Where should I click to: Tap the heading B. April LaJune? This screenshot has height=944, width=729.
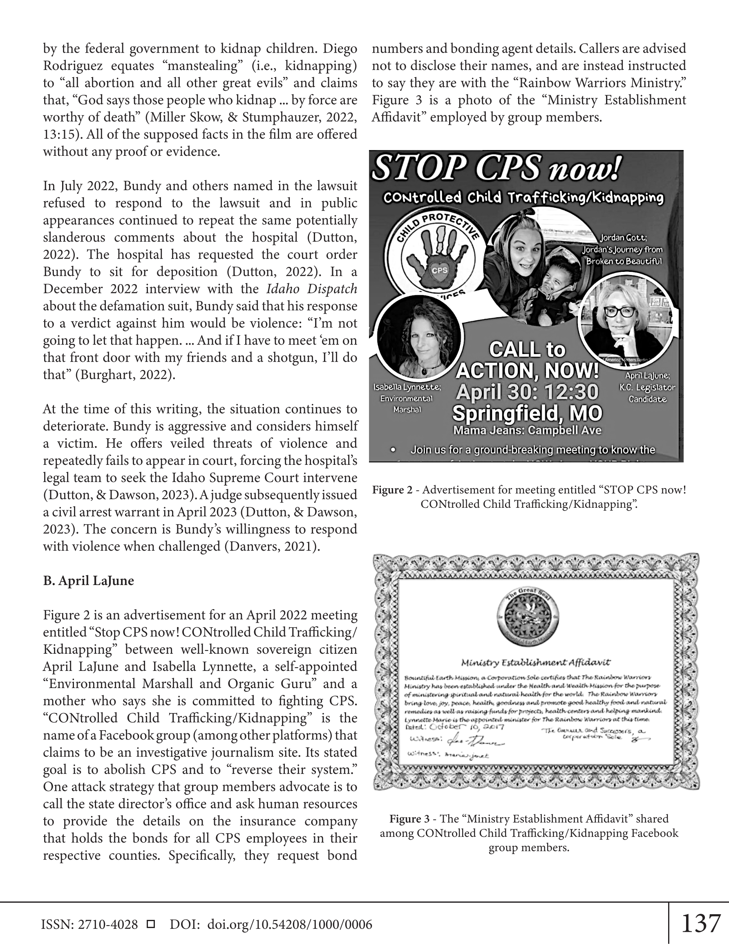tap(88, 581)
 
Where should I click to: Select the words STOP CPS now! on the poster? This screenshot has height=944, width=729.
tap(496, 168)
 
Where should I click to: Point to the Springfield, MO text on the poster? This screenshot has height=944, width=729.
tap(527, 413)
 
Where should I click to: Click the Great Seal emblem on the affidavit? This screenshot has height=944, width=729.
tap(527, 617)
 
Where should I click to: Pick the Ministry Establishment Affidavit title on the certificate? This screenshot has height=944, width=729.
tap(535, 662)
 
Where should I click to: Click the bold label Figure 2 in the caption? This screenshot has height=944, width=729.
tap(392, 490)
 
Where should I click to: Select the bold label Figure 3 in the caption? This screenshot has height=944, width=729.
tap(409, 818)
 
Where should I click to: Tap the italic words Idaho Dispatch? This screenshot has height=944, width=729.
tap(311, 289)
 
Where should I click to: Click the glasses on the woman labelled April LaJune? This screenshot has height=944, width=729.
tap(621, 312)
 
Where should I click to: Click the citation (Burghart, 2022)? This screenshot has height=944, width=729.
tap(125, 374)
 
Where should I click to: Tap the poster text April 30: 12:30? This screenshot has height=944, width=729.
tap(527, 392)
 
